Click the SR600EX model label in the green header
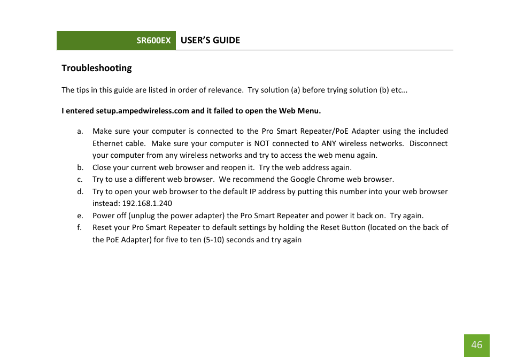(153, 41)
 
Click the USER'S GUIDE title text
(210, 40)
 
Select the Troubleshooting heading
(96, 68)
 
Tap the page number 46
(476, 345)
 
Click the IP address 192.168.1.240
(148, 203)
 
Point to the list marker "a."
(80, 131)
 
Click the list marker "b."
(80, 167)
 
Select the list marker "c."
(80, 179)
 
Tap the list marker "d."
(80, 192)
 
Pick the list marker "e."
(80, 216)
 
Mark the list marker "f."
(80, 227)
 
